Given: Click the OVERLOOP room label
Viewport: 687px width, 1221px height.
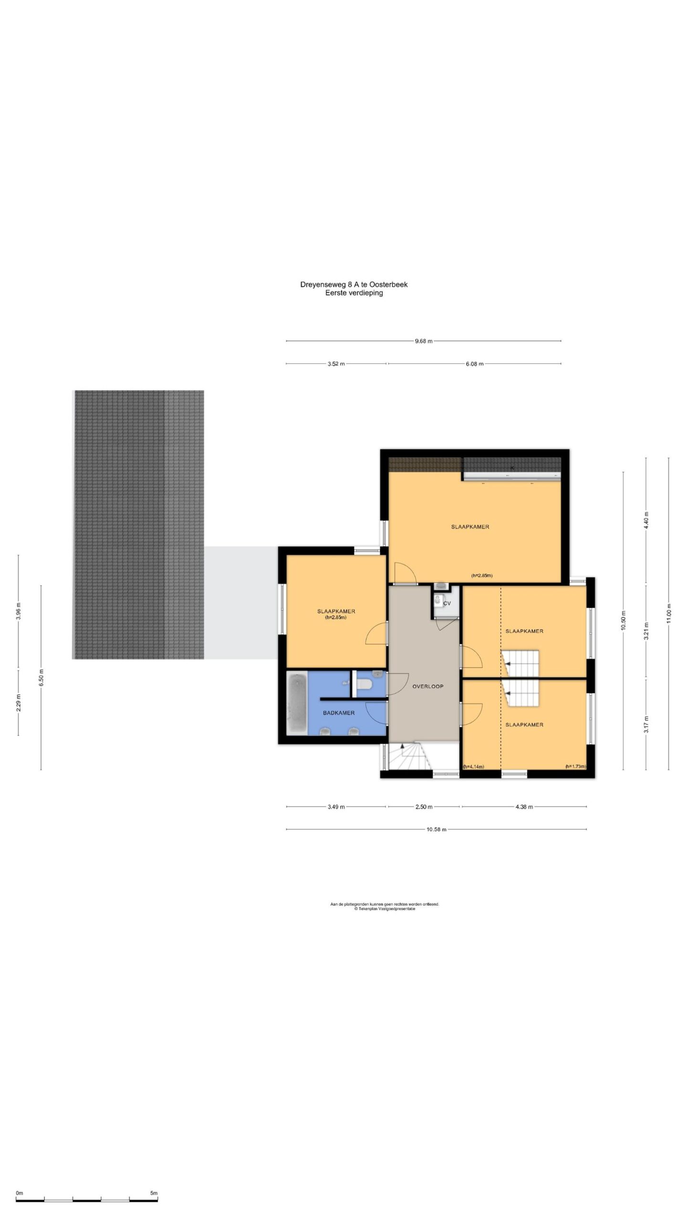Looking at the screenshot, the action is coord(427,686).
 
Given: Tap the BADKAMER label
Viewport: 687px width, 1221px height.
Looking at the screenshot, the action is coord(338,713).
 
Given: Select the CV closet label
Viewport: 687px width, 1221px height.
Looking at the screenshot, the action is coord(447,603).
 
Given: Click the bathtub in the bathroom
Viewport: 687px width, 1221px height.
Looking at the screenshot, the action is coord(297,704).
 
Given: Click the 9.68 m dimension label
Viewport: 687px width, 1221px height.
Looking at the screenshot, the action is coord(423,341).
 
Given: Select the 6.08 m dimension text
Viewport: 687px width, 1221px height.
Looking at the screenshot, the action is coord(474,364).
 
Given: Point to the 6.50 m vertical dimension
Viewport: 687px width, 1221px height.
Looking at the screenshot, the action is coord(42,677).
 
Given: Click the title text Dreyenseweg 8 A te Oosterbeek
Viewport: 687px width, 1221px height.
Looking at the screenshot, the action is coord(354,285).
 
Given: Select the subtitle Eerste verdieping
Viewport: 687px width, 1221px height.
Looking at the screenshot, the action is coord(354,293).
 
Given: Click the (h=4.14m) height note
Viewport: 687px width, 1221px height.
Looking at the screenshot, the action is coord(473,767).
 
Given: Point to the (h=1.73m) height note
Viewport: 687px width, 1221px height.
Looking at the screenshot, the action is coord(575,767).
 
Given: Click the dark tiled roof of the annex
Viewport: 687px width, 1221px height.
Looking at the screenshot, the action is coord(138,525).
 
